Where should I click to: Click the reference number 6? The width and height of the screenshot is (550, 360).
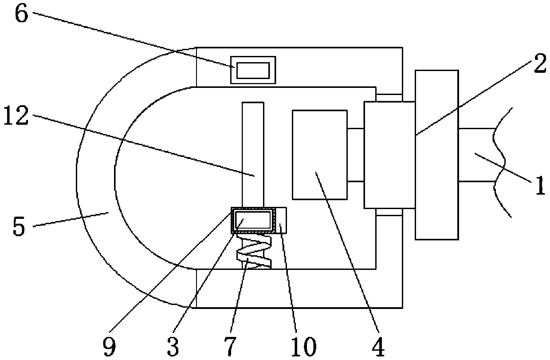(22, 15)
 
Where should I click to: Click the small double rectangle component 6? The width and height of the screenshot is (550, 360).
(253, 70)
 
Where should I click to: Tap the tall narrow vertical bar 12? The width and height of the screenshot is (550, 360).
(253, 151)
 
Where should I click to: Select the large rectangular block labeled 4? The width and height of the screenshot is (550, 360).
(319, 154)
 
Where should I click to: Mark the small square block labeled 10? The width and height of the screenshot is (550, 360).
(281, 220)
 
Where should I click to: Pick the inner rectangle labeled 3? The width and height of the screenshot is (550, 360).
(253, 219)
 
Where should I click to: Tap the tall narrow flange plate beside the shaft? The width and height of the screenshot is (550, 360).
(437, 154)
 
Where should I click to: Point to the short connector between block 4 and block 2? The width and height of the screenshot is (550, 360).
(355, 154)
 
